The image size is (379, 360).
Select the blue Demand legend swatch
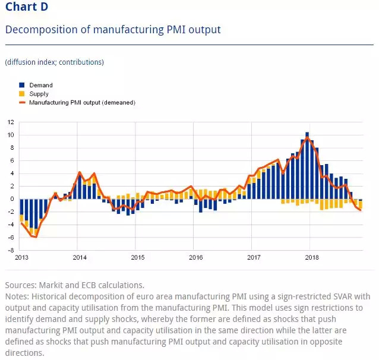(22, 85)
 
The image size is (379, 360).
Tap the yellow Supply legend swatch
(22, 94)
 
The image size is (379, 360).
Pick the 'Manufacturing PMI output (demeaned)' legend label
(83, 103)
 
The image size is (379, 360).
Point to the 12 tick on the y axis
(10, 122)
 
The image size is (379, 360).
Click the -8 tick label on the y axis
(10, 251)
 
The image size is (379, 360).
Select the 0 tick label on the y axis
(11, 199)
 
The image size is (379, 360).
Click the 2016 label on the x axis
(195, 258)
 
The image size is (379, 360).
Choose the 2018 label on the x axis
(311, 258)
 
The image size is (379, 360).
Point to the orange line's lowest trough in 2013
(36, 237)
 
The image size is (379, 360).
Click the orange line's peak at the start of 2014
(79, 172)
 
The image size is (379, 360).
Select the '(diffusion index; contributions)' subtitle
(54, 62)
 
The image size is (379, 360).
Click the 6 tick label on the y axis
(11, 160)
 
